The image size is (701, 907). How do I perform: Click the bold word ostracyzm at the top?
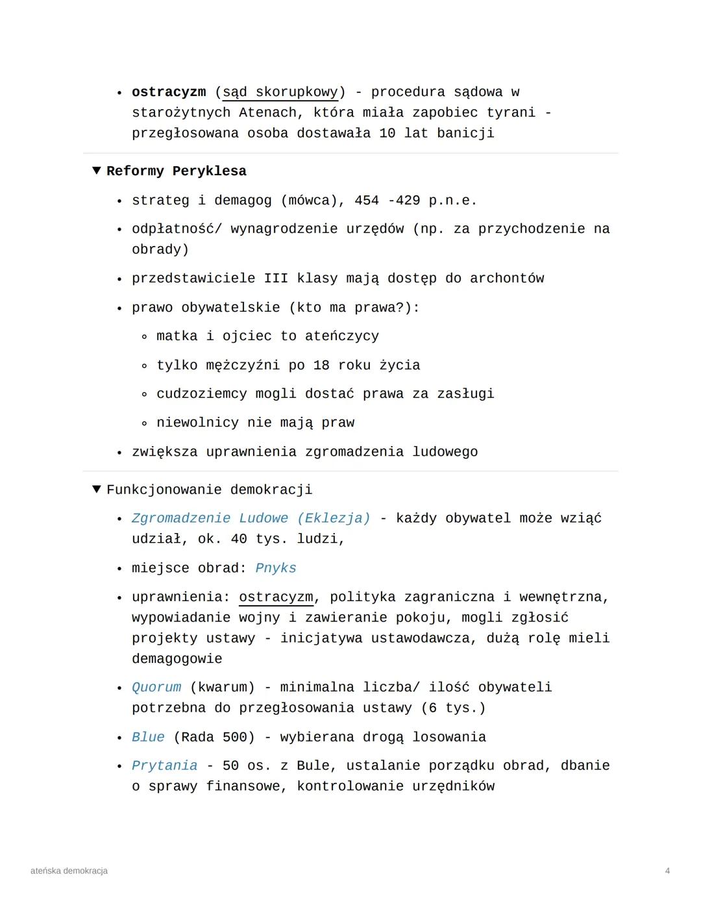pos(169,92)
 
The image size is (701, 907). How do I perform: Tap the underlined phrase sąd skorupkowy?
pos(280,92)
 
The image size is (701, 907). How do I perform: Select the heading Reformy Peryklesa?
pos(177,171)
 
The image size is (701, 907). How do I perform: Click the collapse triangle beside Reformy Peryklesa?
pos(96,171)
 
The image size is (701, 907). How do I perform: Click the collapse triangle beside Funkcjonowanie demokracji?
pos(96,489)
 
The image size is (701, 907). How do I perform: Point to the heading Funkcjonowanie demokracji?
pos(209,490)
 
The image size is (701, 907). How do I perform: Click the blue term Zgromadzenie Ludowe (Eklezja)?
pos(251,518)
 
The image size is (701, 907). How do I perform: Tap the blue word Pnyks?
pos(276,568)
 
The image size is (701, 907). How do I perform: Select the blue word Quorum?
pos(156,687)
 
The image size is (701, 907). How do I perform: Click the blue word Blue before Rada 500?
pos(148,737)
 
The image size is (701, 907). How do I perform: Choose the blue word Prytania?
pos(164,765)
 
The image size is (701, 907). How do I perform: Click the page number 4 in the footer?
pos(667,871)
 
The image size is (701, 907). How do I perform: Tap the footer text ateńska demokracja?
pos(69,871)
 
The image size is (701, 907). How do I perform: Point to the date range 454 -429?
pos(387,201)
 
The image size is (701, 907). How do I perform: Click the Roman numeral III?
pos(276,279)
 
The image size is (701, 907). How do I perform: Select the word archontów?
pos(507,279)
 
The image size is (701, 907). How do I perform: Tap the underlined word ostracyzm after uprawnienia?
pos(276,597)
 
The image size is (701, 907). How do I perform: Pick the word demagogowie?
pos(177,659)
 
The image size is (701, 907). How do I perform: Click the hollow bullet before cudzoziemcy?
pos(144,394)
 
